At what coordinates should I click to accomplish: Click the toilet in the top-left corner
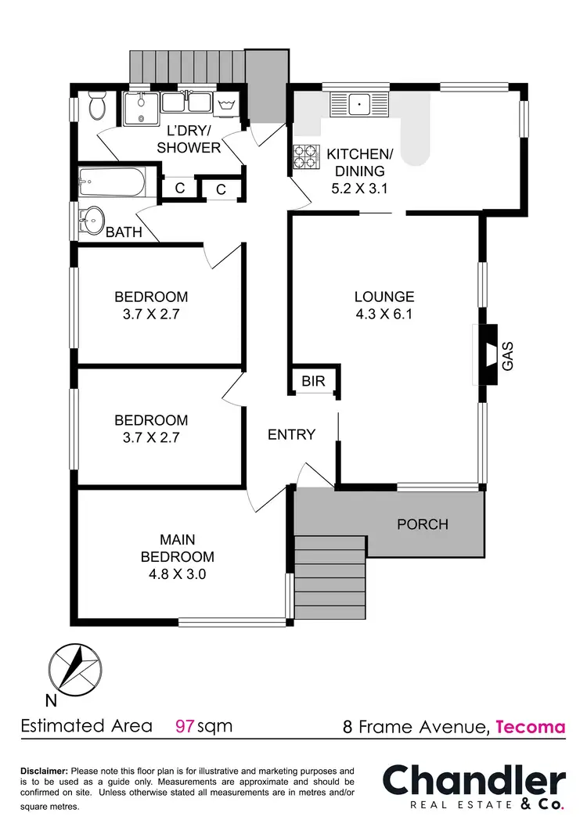point(97,106)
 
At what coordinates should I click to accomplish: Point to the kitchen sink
point(359,103)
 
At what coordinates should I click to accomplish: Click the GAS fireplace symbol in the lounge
point(489,354)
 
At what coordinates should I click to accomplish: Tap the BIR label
point(314,381)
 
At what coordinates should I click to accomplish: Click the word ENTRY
point(291,434)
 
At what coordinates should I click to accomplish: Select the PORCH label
point(422,523)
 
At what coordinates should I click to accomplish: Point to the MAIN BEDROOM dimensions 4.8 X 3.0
point(177,574)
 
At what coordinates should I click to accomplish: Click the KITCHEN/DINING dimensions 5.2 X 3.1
point(357,188)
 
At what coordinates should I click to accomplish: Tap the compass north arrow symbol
point(75,667)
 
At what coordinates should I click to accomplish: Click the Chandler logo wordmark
point(474,782)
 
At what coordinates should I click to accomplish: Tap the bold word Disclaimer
point(45,771)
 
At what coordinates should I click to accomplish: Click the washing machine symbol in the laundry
point(226,104)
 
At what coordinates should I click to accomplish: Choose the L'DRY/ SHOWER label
point(189,140)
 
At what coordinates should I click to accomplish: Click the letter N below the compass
point(50,700)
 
